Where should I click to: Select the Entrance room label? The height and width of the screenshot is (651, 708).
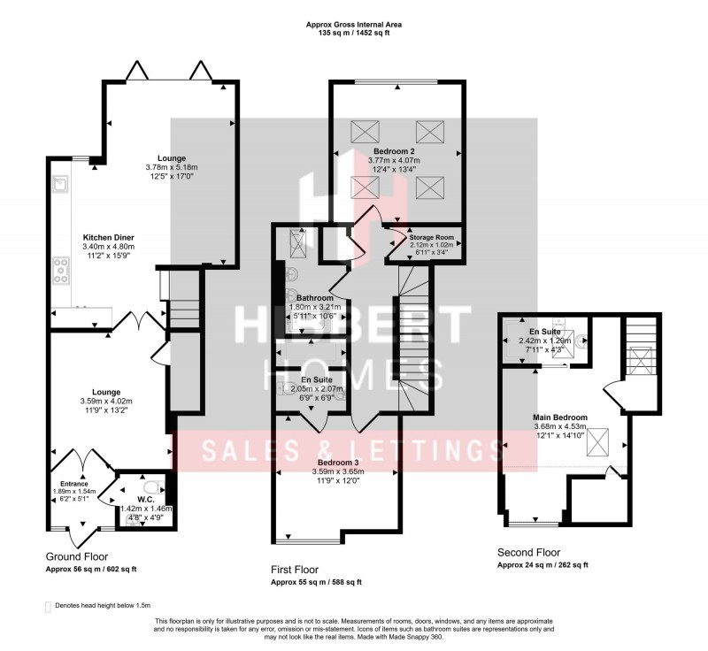(x=71, y=484)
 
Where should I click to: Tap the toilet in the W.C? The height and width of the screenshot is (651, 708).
(x=150, y=486)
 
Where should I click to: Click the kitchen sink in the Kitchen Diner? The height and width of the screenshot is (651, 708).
(x=62, y=185)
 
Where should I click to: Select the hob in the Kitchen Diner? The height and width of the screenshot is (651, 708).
(x=64, y=269)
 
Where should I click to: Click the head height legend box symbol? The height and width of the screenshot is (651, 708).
(x=49, y=607)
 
